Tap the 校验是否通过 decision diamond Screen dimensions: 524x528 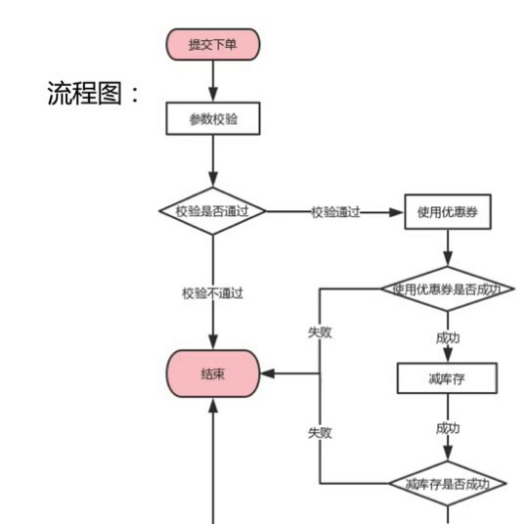212,211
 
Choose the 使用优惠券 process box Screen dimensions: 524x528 447,211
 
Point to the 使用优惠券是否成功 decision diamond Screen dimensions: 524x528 447,289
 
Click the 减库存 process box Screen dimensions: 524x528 447,376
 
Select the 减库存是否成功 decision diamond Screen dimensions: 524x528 447,483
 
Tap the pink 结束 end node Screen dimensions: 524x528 212,374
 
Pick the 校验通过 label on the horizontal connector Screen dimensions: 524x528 335,212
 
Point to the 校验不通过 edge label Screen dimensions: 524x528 212,293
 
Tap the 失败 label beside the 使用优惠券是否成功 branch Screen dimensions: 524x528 320,332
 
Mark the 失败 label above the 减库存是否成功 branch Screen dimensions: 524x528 320,432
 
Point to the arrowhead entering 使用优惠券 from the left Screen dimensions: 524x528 399,211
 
